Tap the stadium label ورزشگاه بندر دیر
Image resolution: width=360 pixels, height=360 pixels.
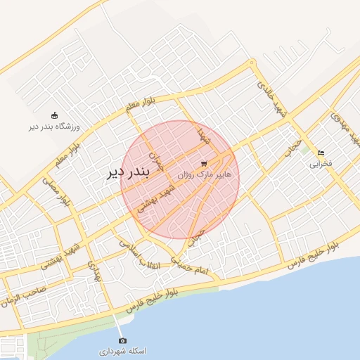55,127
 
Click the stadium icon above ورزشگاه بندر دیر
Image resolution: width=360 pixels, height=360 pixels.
55,115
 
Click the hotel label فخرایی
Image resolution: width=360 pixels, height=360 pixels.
321,165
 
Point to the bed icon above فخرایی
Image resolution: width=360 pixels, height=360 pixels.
321,153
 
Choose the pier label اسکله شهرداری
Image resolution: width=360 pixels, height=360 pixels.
122,350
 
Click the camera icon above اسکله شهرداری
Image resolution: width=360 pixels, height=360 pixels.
122,339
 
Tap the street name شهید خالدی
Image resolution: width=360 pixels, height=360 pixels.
272,98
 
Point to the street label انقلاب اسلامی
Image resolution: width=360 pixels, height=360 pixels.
140,255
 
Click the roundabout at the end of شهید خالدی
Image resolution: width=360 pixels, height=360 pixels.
251,63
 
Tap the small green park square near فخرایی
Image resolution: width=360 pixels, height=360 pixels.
304,150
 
